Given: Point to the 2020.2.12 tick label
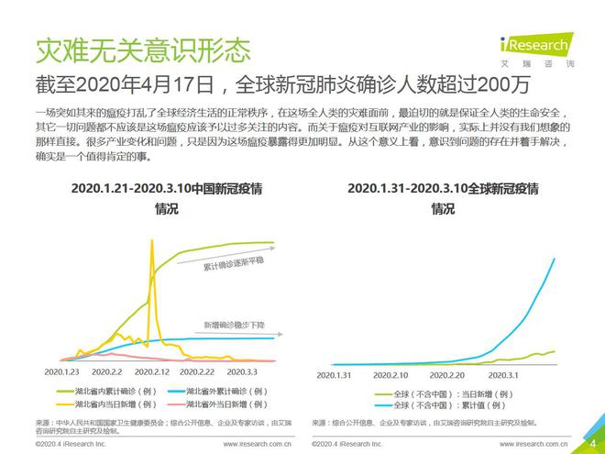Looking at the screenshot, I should point(153,373).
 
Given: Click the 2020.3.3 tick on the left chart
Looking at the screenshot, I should point(245,373).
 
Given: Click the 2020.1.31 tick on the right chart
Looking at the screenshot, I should point(334,375).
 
